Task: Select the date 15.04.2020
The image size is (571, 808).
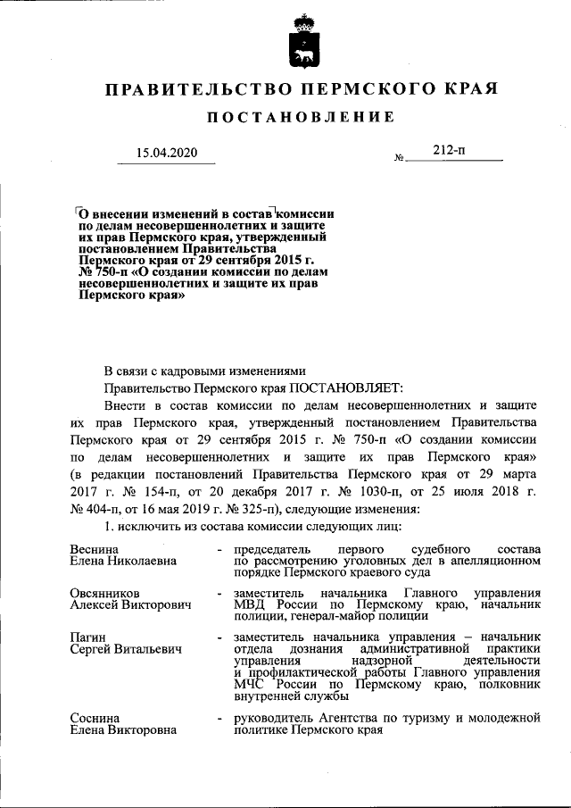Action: [x=165, y=153]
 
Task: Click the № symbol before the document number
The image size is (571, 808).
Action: [x=399, y=158]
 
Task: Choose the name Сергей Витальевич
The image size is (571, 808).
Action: [x=126, y=650]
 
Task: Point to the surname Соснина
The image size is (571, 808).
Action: [x=95, y=717]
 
